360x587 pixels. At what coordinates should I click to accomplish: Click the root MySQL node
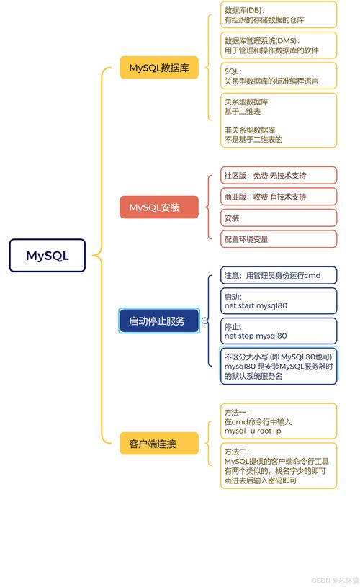(48, 256)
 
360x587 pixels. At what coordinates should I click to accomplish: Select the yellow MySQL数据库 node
(159, 68)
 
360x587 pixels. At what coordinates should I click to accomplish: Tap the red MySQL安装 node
(159, 207)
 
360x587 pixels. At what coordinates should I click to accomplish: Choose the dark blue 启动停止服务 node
(158, 321)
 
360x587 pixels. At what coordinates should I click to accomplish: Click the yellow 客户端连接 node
(159, 444)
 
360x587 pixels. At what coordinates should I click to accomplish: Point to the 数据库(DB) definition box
(278, 15)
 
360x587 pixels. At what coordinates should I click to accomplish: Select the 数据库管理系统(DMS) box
(278, 45)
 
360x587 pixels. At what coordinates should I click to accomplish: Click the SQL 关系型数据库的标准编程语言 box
(278, 76)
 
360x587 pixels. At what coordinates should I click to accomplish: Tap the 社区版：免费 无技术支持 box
(278, 175)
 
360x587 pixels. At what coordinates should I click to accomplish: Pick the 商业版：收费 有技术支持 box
(278, 197)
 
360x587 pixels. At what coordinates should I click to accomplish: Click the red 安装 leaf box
(278, 218)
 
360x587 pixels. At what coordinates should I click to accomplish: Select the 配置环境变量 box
(278, 238)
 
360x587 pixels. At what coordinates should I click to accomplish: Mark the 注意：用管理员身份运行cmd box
(278, 275)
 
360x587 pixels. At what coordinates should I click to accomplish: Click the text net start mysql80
(256, 305)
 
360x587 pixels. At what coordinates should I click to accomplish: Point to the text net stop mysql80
(256, 336)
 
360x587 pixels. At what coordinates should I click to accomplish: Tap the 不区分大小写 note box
(278, 366)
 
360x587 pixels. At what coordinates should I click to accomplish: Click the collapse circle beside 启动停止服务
(205, 321)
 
